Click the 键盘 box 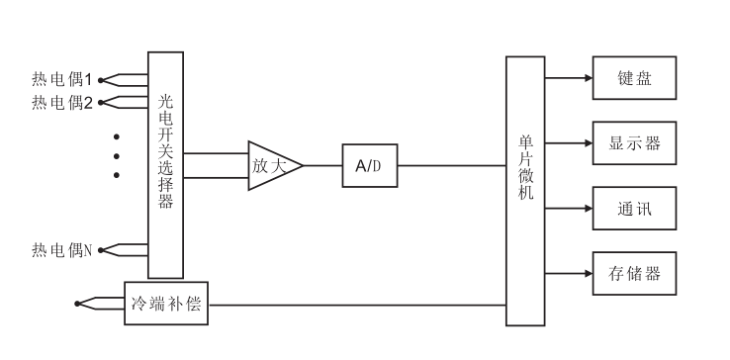click(634, 78)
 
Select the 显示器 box click(634, 143)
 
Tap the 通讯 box click(634, 209)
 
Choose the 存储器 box click(634, 274)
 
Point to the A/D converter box click(370, 166)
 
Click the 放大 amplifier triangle click(270, 166)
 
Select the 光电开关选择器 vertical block click(165, 165)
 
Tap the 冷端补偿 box click(166, 304)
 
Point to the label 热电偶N click(61, 248)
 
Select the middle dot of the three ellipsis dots click(116, 155)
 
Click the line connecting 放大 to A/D click(322, 166)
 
